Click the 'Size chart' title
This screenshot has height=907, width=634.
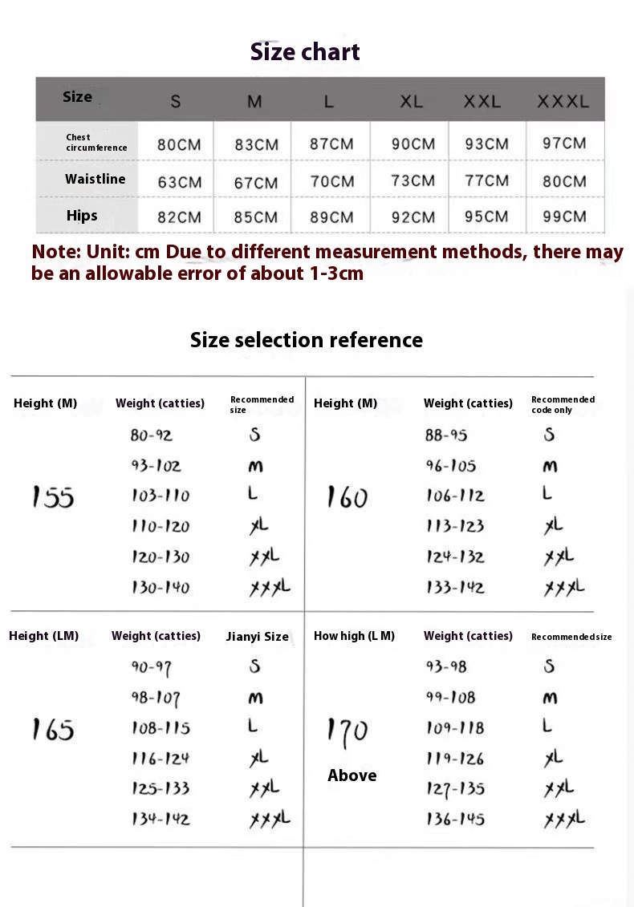[x=305, y=52]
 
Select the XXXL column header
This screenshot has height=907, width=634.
[x=563, y=102]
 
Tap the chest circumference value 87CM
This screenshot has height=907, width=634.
[x=331, y=144]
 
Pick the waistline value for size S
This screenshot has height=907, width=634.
[x=180, y=182]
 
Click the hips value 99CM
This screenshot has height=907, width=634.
[x=564, y=217]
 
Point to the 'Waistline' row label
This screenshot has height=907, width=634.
[x=96, y=179]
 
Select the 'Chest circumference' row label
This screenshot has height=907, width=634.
[x=96, y=143]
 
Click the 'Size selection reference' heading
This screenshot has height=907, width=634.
[x=306, y=340]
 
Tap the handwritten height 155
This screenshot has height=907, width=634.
[x=53, y=497]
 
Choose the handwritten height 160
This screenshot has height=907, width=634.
[x=347, y=498]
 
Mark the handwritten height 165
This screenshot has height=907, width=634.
[x=53, y=730]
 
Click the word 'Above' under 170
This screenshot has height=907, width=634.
[x=352, y=775]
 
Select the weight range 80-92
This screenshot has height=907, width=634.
[x=152, y=435]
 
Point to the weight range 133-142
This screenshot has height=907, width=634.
[x=455, y=588]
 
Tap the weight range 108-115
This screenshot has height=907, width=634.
[x=161, y=728]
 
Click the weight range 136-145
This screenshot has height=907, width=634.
[x=455, y=820]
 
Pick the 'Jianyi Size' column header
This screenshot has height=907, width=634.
[x=257, y=637]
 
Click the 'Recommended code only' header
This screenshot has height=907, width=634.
[x=563, y=404]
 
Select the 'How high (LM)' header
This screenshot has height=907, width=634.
[x=354, y=636]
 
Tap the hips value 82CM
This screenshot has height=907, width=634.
[x=180, y=217]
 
